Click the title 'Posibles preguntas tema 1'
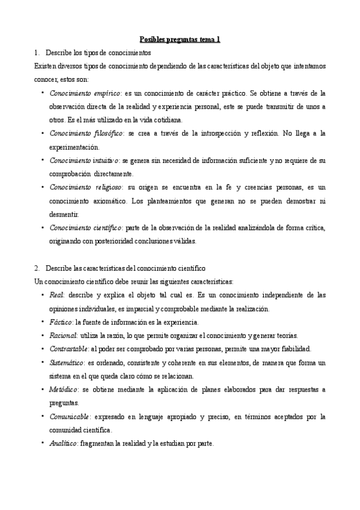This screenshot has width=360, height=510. (x=180, y=39)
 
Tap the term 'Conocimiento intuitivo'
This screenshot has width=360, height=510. (x=85, y=161)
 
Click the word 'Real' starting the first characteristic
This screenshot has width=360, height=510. (x=57, y=295)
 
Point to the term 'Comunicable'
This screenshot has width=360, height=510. (x=70, y=416)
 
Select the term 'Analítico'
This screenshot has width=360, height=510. (x=64, y=444)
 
